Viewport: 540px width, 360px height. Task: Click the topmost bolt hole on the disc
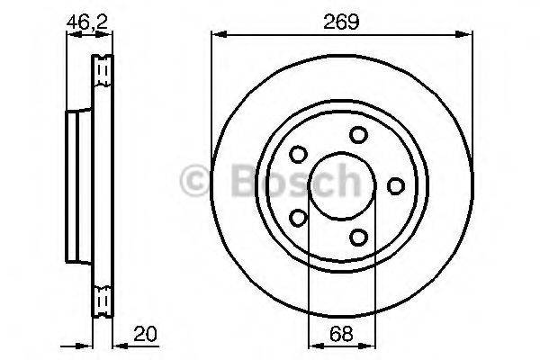coord(359,135)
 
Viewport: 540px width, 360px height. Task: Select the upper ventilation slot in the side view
coord(102,69)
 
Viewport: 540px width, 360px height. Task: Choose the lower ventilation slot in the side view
coord(102,301)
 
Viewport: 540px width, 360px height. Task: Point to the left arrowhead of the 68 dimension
coord(313,345)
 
